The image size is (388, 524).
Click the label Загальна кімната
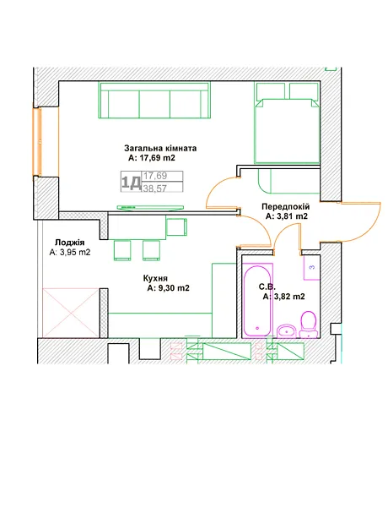[x=160, y=148]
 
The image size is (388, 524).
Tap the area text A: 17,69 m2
[x=152, y=158]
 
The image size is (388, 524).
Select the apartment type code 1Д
[x=131, y=183]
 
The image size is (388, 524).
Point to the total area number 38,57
[x=155, y=188]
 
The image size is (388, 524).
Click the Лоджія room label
[x=70, y=243]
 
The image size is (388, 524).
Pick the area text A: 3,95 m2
[x=70, y=253]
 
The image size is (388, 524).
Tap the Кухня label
[x=155, y=278]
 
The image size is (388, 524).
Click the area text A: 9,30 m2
[x=168, y=288]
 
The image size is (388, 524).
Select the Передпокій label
[x=286, y=207]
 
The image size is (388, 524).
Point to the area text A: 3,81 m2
[x=287, y=216]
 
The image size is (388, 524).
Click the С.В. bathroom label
[x=267, y=287]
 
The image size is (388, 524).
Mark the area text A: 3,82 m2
[x=283, y=297]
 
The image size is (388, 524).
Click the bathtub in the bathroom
[x=257, y=300]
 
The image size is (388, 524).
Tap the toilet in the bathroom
[x=308, y=325]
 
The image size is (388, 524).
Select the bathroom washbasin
[x=286, y=330]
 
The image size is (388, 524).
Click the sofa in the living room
[x=154, y=100]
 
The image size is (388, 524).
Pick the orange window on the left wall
[x=37, y=142]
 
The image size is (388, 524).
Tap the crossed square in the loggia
[x=71, y=313]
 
